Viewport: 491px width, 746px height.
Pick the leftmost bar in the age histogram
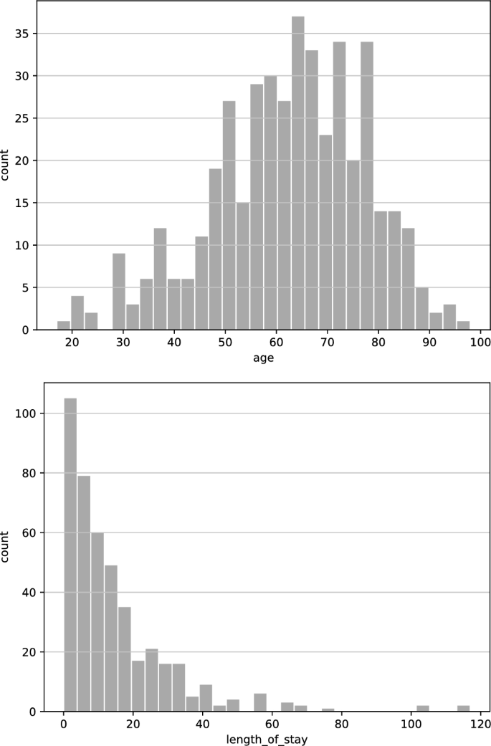pos(64,325)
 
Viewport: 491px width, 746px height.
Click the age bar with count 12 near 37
pos(160,279)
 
